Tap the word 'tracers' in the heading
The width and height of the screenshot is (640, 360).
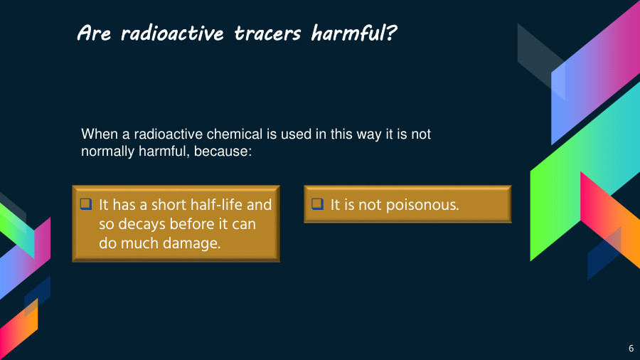click(270, 33)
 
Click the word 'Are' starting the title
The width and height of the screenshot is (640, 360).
click(94, 33)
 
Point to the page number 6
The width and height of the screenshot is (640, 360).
click(631, 348)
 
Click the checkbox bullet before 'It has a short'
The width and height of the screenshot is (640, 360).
click(86, 204)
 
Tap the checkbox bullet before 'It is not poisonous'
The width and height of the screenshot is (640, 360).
click(317, 204)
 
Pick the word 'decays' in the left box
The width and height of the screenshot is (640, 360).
click(138, 224)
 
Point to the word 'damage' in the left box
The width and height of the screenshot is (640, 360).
click(191, 243)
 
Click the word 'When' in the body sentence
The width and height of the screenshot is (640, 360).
click(97, 134)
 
